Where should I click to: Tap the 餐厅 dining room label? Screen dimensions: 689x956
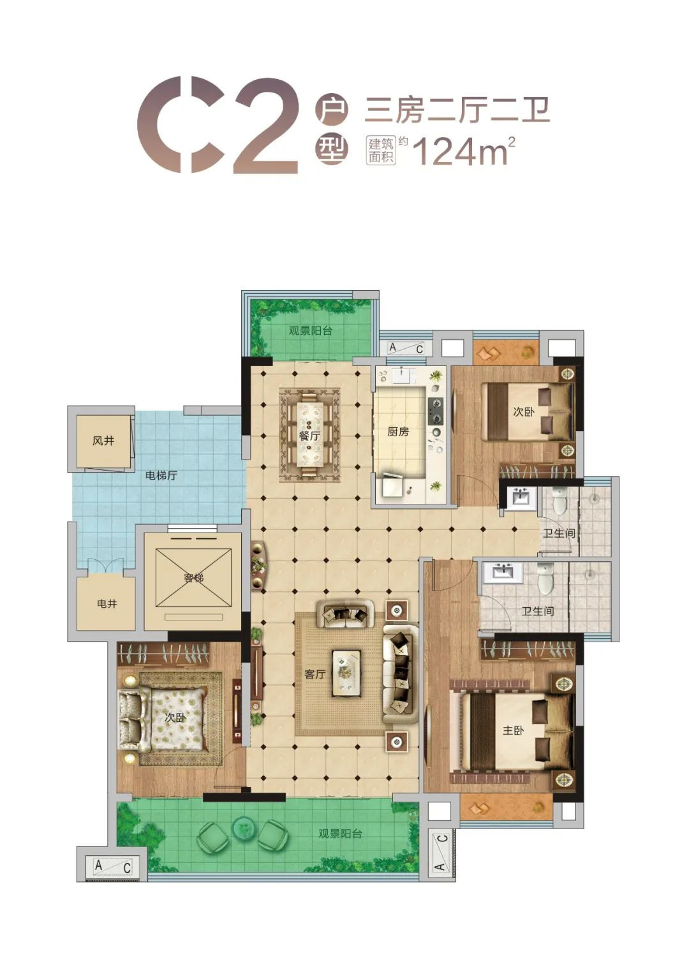click(x=310, y=436)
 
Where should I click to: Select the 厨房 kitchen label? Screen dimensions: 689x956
click(x=398, y=432)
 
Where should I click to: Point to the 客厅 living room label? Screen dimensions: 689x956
click(x=315, y=674)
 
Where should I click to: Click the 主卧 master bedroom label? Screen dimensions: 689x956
click(x=513, y=730)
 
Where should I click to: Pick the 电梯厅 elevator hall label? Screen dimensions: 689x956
click(x=161, y=475)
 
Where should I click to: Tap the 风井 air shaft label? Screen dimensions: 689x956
click(x=103, y=441)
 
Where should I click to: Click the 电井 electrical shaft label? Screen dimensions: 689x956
click(x=107, y=603)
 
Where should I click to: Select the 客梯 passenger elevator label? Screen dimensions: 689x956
click(x=194, y=578)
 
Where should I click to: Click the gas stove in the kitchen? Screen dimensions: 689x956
click(x=436, y=411)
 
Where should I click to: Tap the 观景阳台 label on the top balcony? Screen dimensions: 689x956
click(x=310, y=331)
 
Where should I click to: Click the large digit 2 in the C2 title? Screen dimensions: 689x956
click(x=265, y=126)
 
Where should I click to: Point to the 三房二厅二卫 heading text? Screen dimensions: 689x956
click(x=456, y=110)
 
